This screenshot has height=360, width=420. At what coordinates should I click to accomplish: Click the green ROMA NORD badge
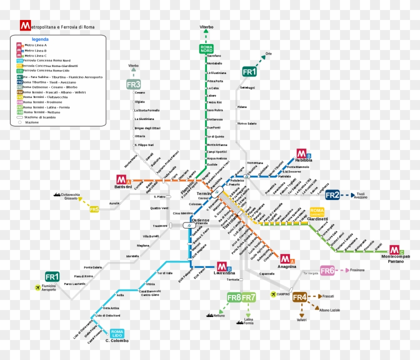click(x=206, y=48)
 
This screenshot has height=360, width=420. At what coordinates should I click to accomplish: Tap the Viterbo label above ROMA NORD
click(x=206, y=27)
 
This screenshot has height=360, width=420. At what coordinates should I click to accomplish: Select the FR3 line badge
click(x=133, y=84)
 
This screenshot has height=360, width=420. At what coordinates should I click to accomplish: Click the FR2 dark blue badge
click(x=333, y=195)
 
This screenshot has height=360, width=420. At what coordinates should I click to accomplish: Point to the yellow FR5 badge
click(x=94, y=209)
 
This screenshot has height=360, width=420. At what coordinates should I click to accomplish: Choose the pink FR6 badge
click(x=327, y=270)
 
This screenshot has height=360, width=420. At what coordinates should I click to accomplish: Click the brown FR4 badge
click(x=299, y=297)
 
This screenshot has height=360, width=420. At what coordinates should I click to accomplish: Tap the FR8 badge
click(x=234, y=298)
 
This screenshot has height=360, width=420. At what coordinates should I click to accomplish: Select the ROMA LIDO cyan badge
click(x=117, y=333)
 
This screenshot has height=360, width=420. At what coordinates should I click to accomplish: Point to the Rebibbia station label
click(x=303, y=160)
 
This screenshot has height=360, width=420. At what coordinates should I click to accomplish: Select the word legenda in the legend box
click(x=40, y=39)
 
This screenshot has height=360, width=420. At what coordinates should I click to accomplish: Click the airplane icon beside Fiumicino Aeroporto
click(x=38, y=287)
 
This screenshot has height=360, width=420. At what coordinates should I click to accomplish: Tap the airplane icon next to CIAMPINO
click(x=273, y=294)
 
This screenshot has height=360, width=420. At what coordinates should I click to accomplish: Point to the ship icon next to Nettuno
click(x=208, y=315)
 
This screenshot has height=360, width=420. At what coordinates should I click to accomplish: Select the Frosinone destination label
click(x=357, y=270)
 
